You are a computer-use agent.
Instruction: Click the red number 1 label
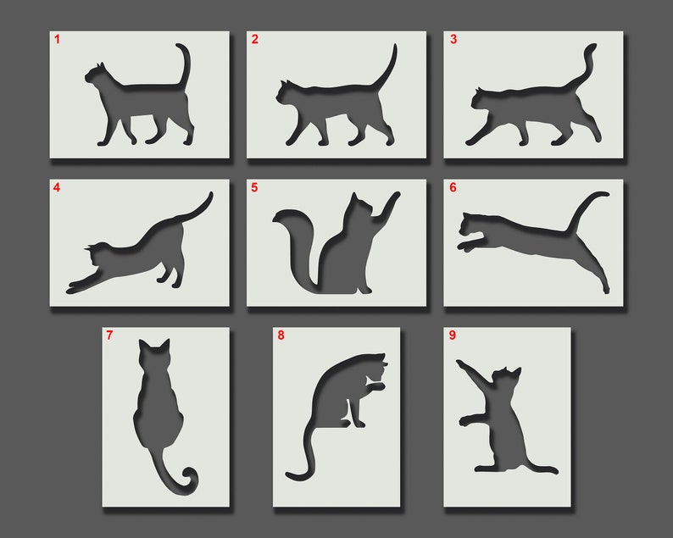[58, 40]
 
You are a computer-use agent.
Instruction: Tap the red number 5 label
[254, 187]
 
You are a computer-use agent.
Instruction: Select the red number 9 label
[452, 336]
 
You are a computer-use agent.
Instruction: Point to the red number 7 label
[109, 336]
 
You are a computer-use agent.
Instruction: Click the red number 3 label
[453, 40]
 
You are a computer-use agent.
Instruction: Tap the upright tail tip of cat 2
[394, 48]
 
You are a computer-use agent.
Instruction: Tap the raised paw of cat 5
[395, 196]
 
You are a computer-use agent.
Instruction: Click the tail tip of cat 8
[290, 477]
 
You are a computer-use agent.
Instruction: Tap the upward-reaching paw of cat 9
[462, 364]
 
